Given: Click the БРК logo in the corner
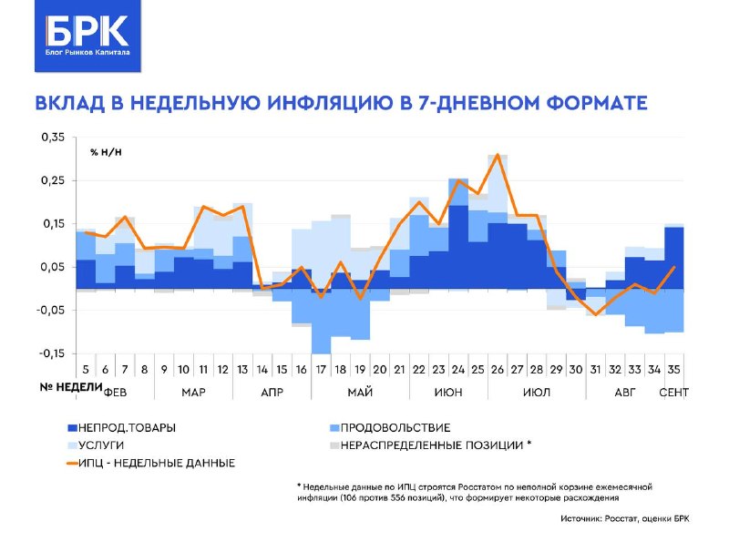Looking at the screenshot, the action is pyautogui.click(x=87, y=36).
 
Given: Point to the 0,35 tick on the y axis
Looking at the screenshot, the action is pyautogui.click(x=53, y=138).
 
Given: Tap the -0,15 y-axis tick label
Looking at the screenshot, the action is pyautogui.click(x=51, y=353).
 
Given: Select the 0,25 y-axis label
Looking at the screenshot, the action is pyautogui.click(x=53, y=180).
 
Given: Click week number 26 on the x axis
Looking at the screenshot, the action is pyautogui.click(x=498, y=370).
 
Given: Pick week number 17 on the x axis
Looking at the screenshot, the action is pyautogui.click(x=321, y=370).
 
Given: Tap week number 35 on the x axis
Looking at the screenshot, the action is pyautogui.click(x=674, y=370).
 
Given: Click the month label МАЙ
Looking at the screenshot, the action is pyautogui.click(x=360, y=393).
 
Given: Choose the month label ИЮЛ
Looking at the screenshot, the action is pyautogui.click(x=537, y=393).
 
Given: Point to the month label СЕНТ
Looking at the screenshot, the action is pyautogui.click(x=673, y=393).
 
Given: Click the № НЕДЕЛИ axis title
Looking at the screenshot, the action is pyautogui.click(x=71, y=387).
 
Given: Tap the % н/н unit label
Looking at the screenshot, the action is pyautogui.click(x=106, y=152).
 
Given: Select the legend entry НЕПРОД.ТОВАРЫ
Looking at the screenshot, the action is pyautogui.click(x=122, y=427).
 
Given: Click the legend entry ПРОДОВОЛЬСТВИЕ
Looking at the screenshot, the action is pyautogui.click(x=390, y=427).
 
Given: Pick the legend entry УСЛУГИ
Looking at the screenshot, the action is pyautogui.click(x=96, y=445).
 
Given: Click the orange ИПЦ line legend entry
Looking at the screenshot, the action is pyautogui.click(x=151, y=463).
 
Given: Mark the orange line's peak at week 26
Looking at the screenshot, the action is pyautogui.click(x=498, y=154).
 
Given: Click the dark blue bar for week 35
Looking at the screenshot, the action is pyautogui.click(x=674, y=258).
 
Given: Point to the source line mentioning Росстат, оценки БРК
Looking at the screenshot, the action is pyautogui.click(x=625, y=518).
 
